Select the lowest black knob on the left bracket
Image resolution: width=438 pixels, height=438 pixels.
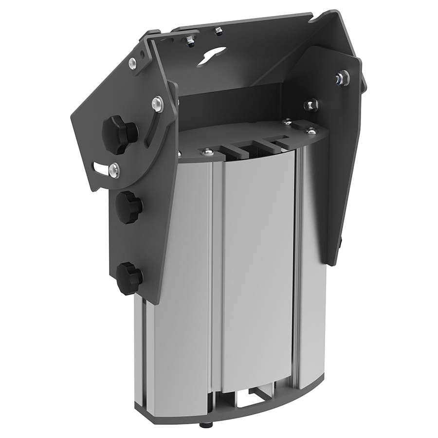(129, 278)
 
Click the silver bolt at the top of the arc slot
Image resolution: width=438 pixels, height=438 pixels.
(157, 102)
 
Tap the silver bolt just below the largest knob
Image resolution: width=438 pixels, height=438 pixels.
(113, 169)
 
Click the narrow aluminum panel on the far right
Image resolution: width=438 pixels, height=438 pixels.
(311, 273)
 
